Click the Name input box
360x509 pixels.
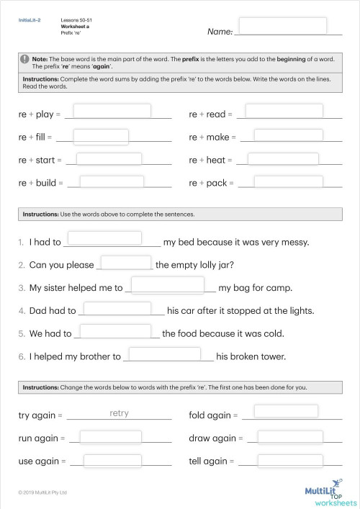289,27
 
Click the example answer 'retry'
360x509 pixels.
120,414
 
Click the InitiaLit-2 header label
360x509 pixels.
30,21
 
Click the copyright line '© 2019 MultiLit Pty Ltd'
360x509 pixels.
42,492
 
